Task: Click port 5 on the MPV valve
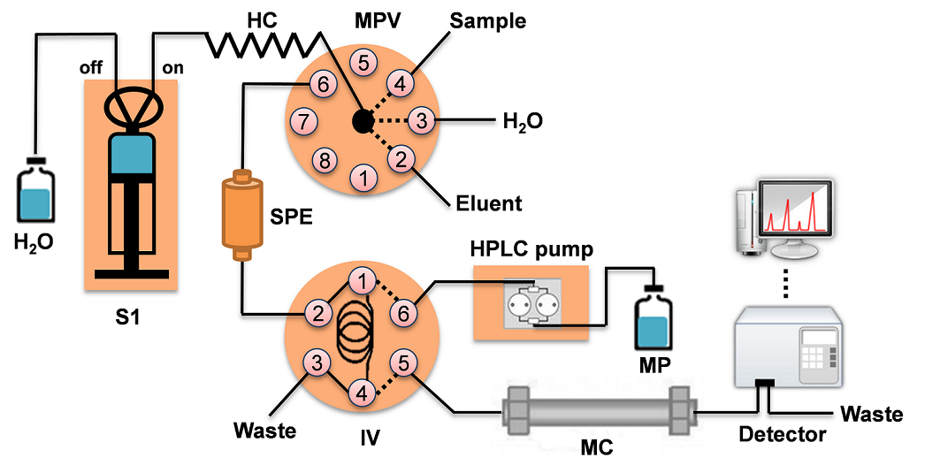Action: (x=362, y=62)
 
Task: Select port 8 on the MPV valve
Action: (x=325, y=160)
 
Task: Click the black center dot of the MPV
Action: (x=362, y=121)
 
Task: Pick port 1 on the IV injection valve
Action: (x=361, y=281)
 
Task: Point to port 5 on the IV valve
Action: (x=403, y=362)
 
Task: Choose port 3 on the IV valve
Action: (x=317, y=361)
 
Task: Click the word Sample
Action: (x=486, y=19)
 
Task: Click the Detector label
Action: (x=782, y=434)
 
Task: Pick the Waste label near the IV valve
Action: (x=264, y=431)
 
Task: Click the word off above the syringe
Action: (x=93, y=67)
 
